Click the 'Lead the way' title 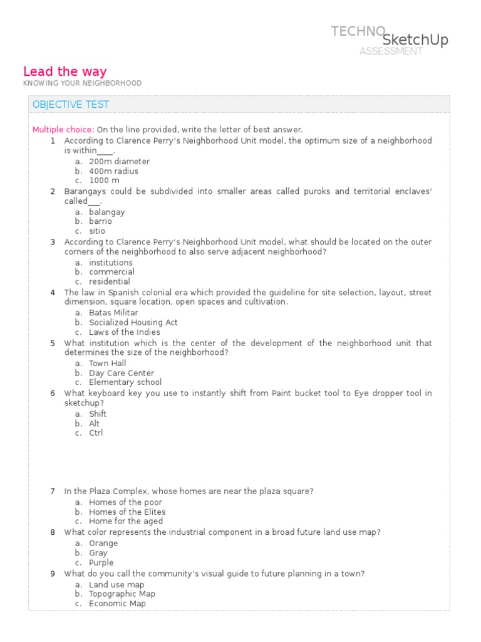pyautogui.click(x=65, y=71)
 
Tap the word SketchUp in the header pyautogui.click(x=415, y=40)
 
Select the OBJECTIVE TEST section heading pyautogui.click(x=71, y=105)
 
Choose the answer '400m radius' pyautogui.click(x=113, y=171)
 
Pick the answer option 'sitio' pyautogui.click(x=97, y=231)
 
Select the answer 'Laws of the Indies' pyautogui.click(x=124, y=332)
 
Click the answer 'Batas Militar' pyautogui.click(x=113, y=313)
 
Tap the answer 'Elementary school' pyautogui.click(x=125, y=382)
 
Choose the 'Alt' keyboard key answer pyautogui.click(x=95, y=424)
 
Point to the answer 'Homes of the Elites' pyautogui.click(x=127, y=512)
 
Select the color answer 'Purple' pyautogui.click(x=101, y=563)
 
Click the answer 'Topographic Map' pyautogui.click(x=122, y=594)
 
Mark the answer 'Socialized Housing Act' pyautogui.click(x=133, y=322)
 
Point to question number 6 pyautogui.click(x=53, y=393)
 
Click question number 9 pyautogui.click(x=53, y=574)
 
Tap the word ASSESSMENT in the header pyautogui.click(x=391, y=51)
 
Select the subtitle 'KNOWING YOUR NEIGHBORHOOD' pyautogui.click(x=83, y=83)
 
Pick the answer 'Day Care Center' pyautogui.click(x=122, y=373)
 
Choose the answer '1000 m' pyautogui.click(x=104, y=181)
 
